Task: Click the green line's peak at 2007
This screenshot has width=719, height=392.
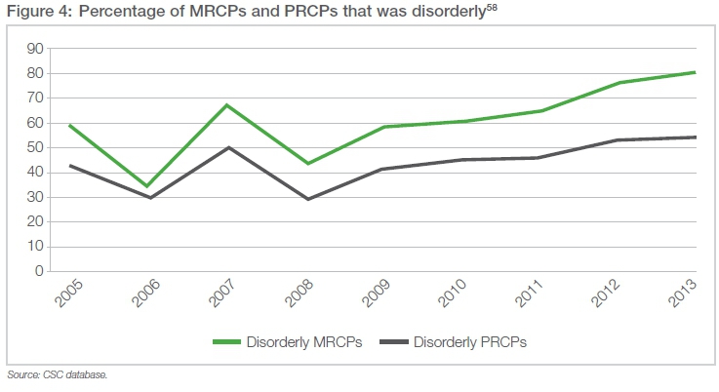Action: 226,104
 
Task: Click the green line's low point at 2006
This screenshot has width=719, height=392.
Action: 147,186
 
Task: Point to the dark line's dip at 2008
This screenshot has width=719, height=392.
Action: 306,199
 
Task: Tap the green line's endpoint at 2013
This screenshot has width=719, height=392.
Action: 695,72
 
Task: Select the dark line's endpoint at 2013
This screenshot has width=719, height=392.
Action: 695,137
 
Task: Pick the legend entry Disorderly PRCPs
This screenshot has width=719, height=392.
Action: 469,342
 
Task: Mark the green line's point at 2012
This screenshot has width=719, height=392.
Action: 616,83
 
